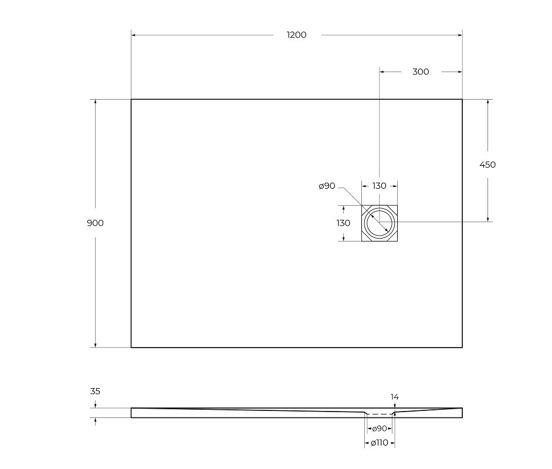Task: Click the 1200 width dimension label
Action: coord(296,35)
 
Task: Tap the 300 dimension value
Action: coord(421,72)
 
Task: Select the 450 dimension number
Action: coord(487,165)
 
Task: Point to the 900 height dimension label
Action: coord(96,223)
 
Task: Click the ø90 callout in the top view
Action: coord(327,186)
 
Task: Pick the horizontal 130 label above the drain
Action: coord(379,186)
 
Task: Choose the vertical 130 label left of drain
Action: coord(343,223)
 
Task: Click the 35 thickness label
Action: coord(95,391)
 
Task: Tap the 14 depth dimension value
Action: coord(395,397)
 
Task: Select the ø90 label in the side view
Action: coord(379,429)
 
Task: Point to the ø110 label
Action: coord(379,443)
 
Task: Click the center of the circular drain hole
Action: coord(380,223)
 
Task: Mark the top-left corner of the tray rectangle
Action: coord(131,100)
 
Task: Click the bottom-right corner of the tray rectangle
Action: coord(462,347)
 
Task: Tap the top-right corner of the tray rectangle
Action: coord(462,100)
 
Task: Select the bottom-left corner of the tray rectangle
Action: coord(131,347)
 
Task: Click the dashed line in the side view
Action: coord(379,414)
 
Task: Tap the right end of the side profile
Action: coord(462,413)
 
